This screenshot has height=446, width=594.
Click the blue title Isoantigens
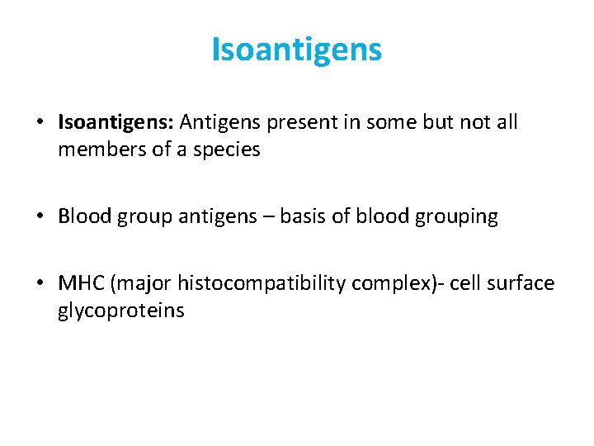click(x=297, y=50)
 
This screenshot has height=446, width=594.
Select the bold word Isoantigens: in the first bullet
click(x=115, y=123)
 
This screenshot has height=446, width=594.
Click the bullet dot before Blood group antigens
click(x=40, y=217)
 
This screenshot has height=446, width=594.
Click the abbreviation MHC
click(x=79, y=284)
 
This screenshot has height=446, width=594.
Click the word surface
click(x=522, y=284)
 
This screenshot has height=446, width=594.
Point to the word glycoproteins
click(x=121, y=311)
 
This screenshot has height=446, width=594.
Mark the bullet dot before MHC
click(x=40, y=284)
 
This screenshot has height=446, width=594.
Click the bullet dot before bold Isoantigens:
click(x=40, y=123)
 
